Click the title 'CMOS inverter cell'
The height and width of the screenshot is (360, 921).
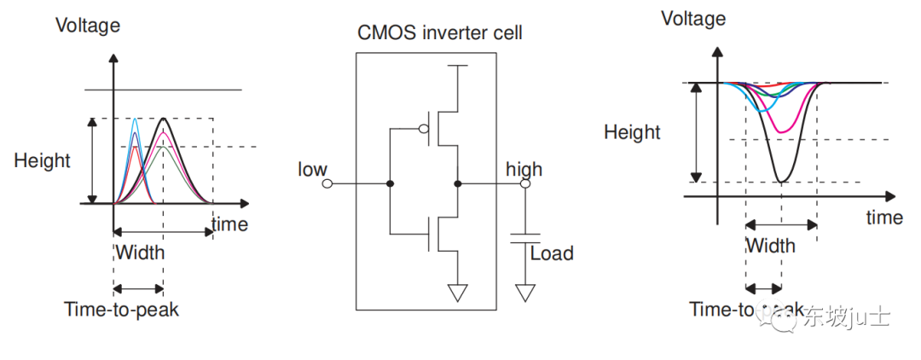[439, 34]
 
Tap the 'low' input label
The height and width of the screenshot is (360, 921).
[312, 169]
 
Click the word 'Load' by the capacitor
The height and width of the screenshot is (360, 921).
[552, 253]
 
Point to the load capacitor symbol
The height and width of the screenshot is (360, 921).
[525, 237]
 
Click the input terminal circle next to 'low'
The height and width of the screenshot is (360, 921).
[327, 183]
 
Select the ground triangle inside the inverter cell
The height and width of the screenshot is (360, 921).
[458, 293]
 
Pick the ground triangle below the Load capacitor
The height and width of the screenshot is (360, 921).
[525, 293]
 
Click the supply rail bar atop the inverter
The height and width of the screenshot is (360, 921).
[458, 66]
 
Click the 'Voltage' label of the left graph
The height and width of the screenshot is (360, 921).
[88, 26]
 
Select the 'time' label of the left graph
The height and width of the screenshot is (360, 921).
[229, 224]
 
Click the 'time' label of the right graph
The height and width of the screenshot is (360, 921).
[883, 218]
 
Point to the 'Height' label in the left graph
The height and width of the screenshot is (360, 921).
[42, 160]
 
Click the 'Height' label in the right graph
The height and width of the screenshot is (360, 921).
[632, 132]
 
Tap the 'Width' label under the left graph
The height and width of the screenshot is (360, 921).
[140, 253]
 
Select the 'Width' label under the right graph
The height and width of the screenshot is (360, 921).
[770, 246]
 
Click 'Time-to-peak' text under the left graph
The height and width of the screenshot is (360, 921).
[121, 309]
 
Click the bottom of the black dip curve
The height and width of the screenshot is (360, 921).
[781, 181]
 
